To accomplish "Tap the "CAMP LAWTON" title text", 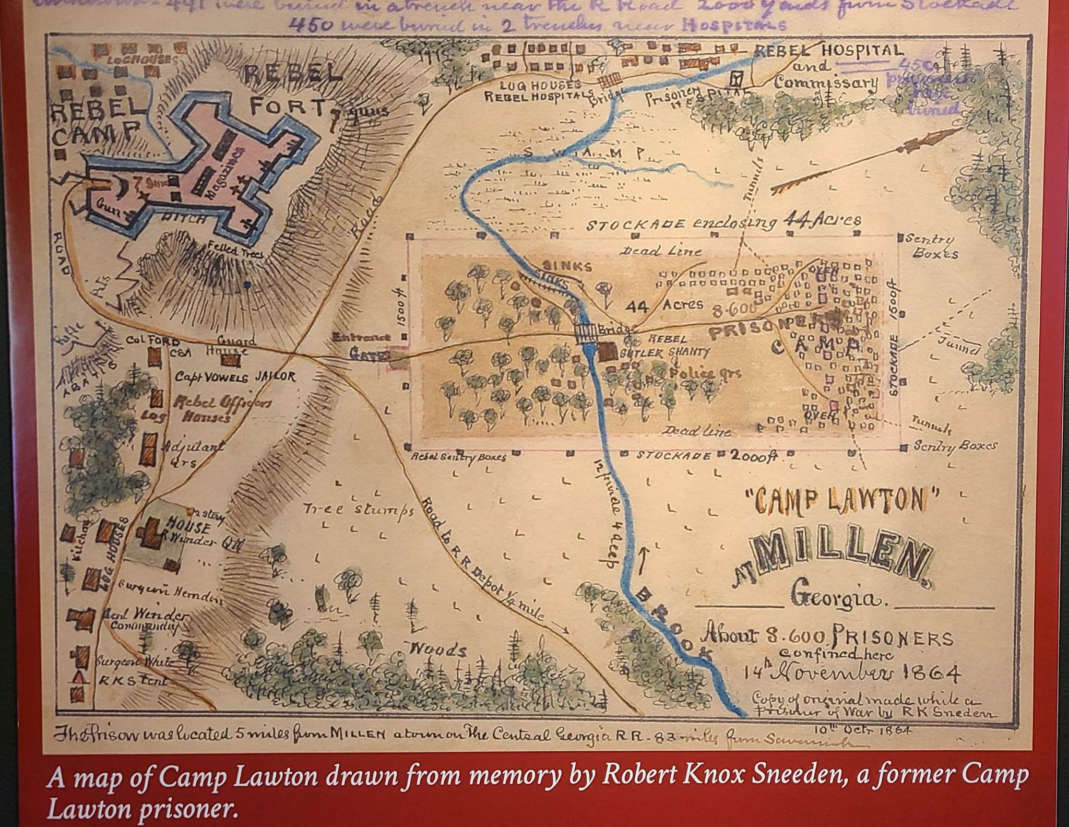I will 840,502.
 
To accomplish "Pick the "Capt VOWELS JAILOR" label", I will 235,377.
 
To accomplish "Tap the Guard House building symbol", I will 228,360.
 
